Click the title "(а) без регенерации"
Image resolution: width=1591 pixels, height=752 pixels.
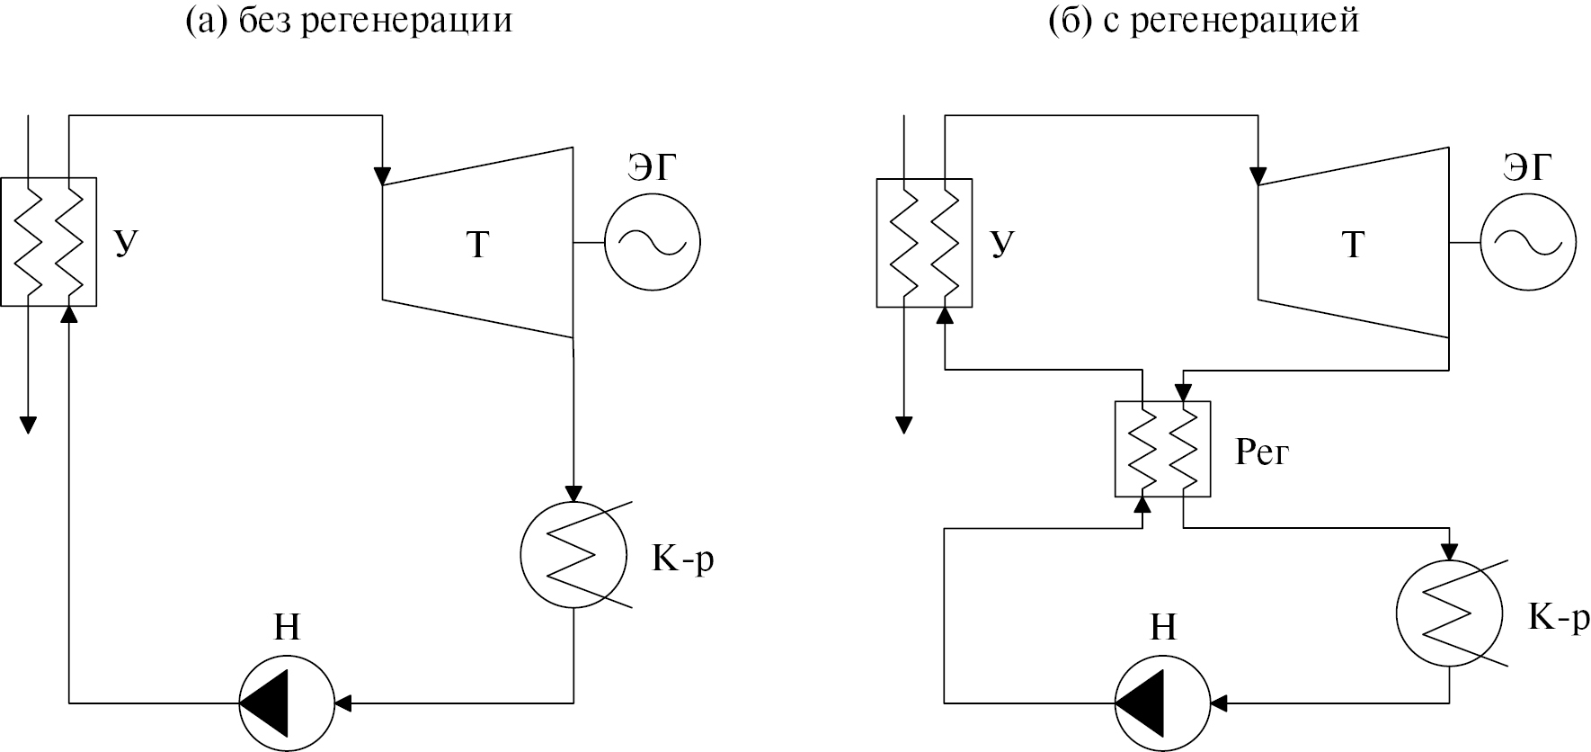click(349, 20)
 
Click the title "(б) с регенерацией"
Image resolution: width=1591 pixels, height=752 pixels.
click(1204, 20)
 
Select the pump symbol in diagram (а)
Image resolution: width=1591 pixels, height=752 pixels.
click(286, 703)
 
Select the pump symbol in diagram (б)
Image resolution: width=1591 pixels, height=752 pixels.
click(1161, 703)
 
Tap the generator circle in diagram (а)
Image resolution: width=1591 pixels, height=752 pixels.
click(652, 242)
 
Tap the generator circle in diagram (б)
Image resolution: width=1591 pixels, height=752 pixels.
click(1527, 242)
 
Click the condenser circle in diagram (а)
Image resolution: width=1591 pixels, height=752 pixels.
click(573, 555)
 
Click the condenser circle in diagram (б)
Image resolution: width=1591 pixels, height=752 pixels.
click(1449, 613)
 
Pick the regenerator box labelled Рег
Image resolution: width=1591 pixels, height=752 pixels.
click(1162, 448)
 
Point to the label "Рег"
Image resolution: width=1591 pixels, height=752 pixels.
click(1261, 452)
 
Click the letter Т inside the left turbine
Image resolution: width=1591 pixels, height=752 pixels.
click(477, 245)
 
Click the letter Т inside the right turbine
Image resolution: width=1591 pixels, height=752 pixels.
click(1353, 245)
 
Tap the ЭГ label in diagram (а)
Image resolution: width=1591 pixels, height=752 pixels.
click(652, 168)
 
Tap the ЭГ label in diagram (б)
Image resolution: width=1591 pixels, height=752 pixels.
click(1527, 168)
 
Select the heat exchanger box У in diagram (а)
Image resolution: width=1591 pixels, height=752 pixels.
click(49, 242)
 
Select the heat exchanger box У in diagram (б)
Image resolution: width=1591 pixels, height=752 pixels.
click(924, 242)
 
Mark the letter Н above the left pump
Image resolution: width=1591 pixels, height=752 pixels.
click(286, 628)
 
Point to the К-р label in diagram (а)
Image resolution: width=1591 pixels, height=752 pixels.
click(683, 559)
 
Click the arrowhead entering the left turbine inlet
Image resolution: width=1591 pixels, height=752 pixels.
click(384, 173)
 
